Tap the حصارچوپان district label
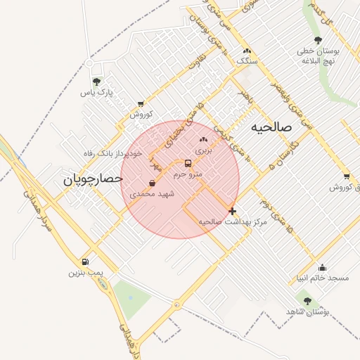pos(94,179)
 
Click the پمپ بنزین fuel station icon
pos(86,262)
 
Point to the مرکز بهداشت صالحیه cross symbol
pos(233,211)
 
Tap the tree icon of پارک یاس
pos(96,82)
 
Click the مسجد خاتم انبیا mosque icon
pos(322,267)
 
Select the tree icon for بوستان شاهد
pos(307,301)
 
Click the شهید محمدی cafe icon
pos(153,183)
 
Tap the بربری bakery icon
pos(203,139)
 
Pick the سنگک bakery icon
pos(246,51)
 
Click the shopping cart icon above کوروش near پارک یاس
pos(141,103)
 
